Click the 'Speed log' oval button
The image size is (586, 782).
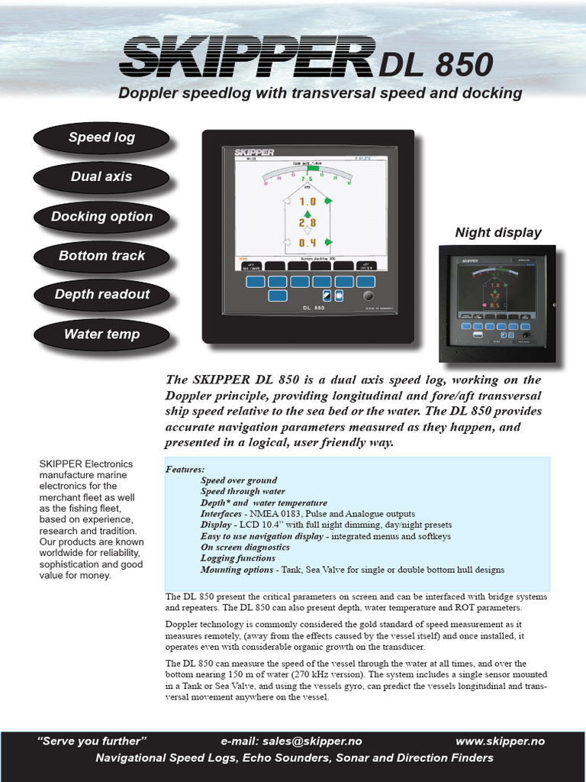[101, 137]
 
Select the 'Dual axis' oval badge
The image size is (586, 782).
[101, 176]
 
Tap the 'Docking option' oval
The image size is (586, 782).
[101, 216]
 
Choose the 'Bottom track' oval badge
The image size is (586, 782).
[101, 256]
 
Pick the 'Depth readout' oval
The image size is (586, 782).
[101, 295]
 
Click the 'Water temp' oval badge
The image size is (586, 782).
[101, 334]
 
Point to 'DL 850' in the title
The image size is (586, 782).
[436, 65]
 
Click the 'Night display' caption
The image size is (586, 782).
[498, 232]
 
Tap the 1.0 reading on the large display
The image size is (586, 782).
[307, 202]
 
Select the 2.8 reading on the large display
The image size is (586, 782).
[307, 222]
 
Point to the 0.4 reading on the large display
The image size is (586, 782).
[307, 243]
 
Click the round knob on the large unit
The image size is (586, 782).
[369, 296]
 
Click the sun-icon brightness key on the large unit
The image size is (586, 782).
[339, 296]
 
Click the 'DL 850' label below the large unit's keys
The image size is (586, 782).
[309, 309]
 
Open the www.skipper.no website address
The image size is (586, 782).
[500, 742]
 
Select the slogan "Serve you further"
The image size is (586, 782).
[92, 742]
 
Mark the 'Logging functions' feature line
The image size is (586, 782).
[237, 558]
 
